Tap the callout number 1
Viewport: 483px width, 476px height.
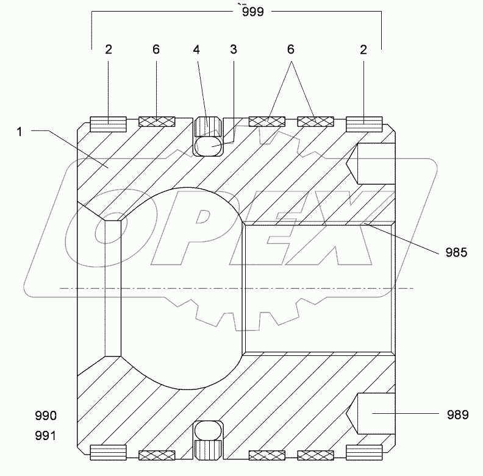click(20, 132)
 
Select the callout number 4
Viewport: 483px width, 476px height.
click(196, 50)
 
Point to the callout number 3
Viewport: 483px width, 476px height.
click(233, 50)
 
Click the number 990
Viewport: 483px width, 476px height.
click(46, 416)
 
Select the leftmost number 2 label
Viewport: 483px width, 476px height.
click(109, 50)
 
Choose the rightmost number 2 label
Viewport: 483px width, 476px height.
click(363, 50)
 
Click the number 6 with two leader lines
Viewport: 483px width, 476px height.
click(292, 50)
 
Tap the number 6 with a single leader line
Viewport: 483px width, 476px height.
click(156, 50)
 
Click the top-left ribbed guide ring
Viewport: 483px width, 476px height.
click(108, 124)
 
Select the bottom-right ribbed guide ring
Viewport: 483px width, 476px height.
click(363, 453)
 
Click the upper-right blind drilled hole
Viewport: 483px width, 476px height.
click(373, 164)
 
